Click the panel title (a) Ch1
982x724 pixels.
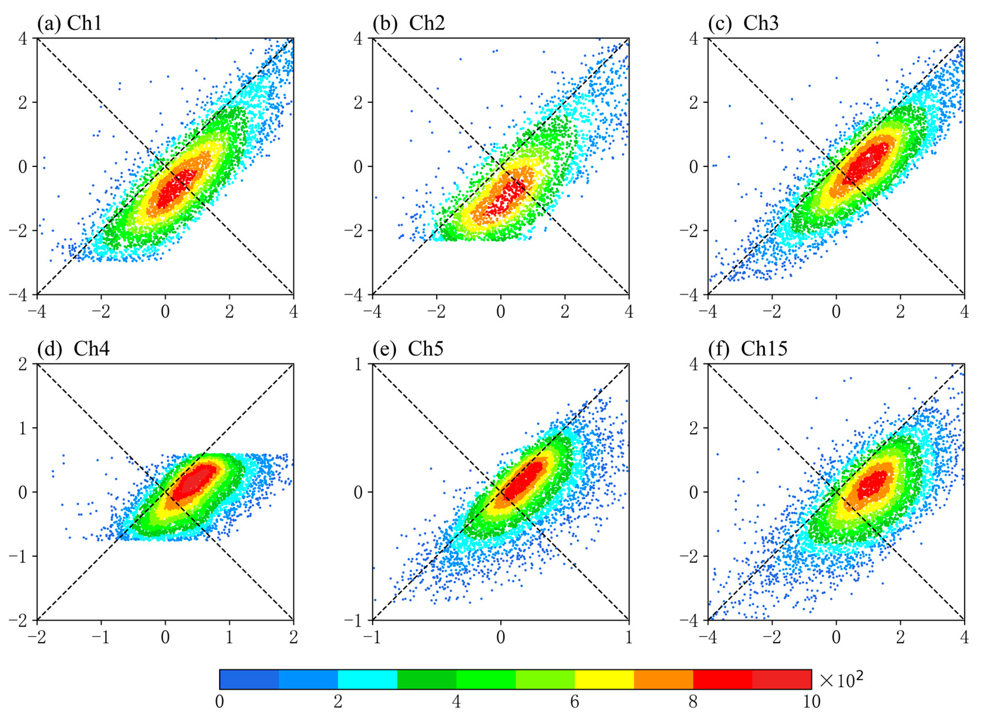[69, 23]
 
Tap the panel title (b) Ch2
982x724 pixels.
[408, 23]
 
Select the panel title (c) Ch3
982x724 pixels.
[743, 23]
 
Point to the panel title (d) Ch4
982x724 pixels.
[73, 349]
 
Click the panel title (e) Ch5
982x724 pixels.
[408, 349]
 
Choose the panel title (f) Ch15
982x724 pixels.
[748, 349]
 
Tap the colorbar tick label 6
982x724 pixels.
[574, 702]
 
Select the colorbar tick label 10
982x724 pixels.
[811, 702]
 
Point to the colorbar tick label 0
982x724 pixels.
[219, 702]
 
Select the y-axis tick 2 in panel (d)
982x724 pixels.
[23, 364]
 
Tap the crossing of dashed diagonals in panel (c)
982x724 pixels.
[836, 166]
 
